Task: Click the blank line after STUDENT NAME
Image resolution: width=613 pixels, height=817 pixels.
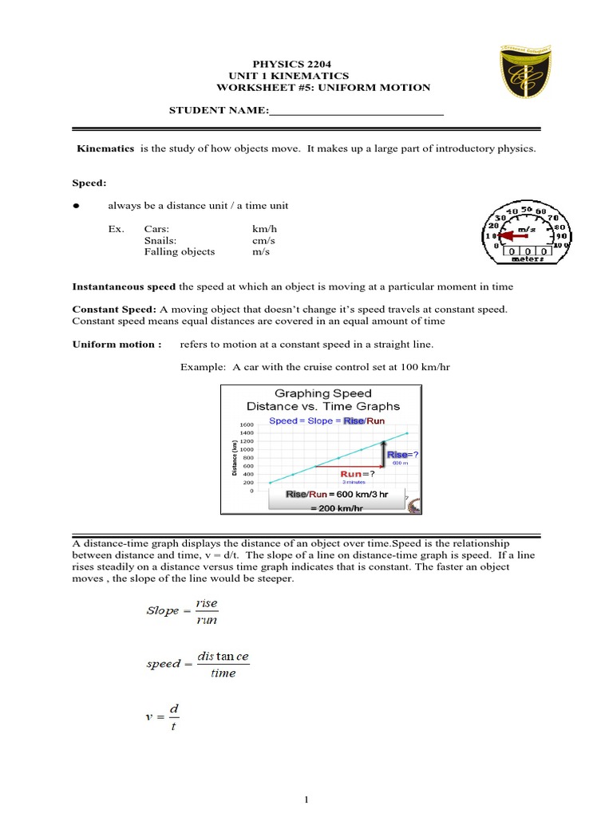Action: (x=356, y=115)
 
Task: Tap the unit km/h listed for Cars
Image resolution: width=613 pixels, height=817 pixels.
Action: (x=265, y=228)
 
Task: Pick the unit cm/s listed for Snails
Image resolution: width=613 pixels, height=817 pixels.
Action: (x=264, y=240)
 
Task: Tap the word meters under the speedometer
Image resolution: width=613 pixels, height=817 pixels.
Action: (x=528, y=258)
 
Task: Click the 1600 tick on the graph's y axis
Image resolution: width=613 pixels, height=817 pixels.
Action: (x=246, y=424)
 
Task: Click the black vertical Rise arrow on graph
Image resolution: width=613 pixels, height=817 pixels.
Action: (x=383, y=453)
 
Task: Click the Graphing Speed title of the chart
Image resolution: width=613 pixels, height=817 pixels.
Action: (x=323, y=393)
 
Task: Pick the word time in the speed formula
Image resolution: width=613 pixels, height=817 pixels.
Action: (x=223, y=673)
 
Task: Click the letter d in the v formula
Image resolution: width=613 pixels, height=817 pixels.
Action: (x=173, y=708)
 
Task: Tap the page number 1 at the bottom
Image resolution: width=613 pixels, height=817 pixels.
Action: (x=306, y=800)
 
